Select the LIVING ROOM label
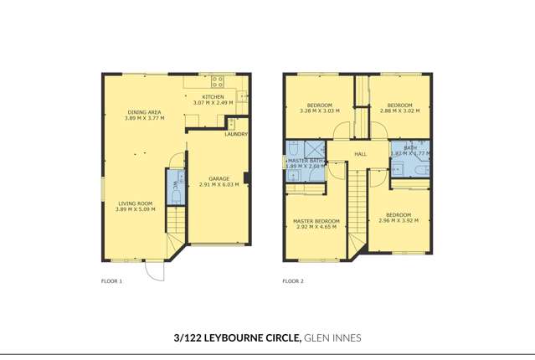tap(134, 203)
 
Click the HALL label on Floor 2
tap(361, 154)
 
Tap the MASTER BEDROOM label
tap(315, 221)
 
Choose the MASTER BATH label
tap(306, 160)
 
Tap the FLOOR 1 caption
tap(111, 281)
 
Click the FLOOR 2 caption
tap(292, 281)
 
